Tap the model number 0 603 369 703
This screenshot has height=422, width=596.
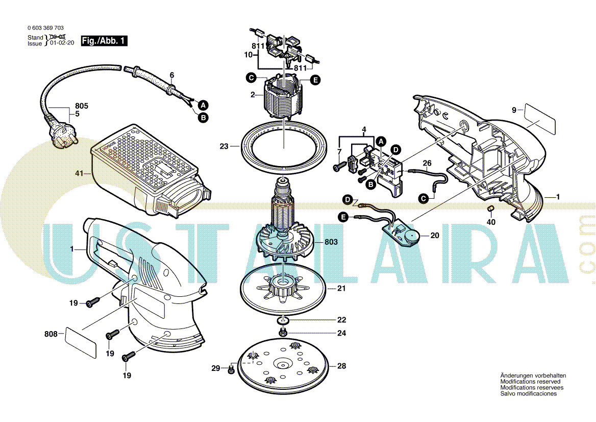[46, 28]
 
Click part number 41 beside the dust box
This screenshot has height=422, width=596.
[79, 174]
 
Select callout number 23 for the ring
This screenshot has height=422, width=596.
[224, 146]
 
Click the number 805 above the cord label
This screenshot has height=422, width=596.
[82, 106]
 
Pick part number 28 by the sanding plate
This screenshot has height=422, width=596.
[341, 366]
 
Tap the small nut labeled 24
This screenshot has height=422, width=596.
[282, 333]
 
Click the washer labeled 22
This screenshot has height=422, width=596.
[282, 320]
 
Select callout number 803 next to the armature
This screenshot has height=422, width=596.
[331, 242]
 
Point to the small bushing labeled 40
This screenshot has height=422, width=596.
[490, 208]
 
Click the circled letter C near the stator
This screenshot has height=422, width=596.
[251, 78]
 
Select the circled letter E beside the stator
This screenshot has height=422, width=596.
[315, 80]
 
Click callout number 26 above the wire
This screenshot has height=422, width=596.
[427, 163]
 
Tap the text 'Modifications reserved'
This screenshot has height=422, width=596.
[530, 382]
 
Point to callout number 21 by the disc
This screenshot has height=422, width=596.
[341, 289]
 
